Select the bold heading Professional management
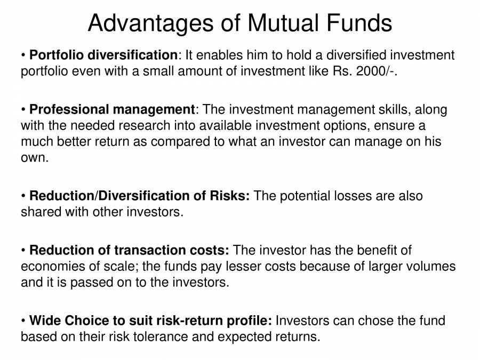click(x=113, y=110)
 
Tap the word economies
click(x=51, y=267)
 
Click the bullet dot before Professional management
click(x=23, y=110)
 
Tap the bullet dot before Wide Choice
click(x=23, y=321)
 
